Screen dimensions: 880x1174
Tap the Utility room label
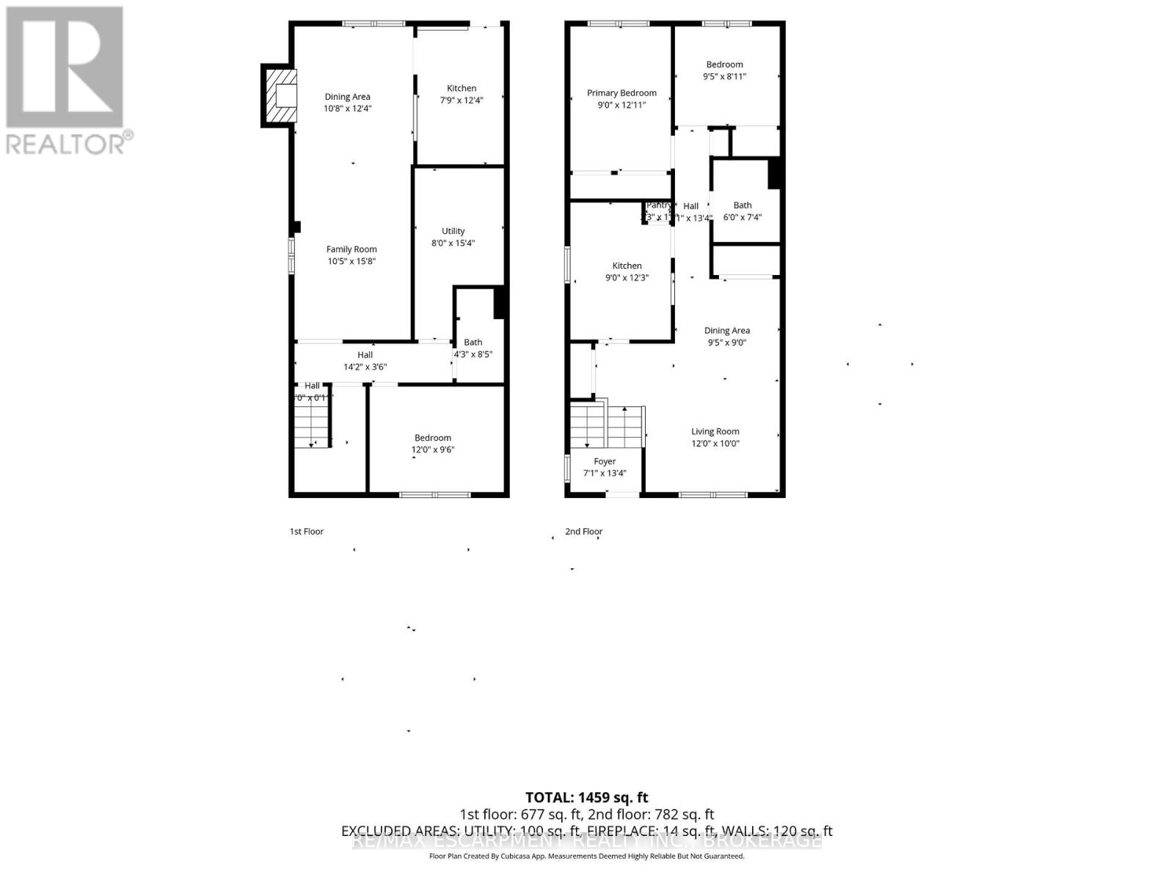453,231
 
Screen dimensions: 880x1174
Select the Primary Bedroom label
621,93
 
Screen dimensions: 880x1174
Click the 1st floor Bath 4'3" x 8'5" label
473,348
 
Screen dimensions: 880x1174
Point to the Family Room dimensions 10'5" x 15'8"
351,261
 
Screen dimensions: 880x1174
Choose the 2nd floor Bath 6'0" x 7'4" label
743,211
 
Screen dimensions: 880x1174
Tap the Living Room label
715,431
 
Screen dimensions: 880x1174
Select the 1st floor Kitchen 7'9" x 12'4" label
462,94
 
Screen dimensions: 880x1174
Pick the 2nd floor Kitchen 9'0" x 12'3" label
627,271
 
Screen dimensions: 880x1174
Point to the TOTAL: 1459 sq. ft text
586,797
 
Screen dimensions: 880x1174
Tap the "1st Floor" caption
306,531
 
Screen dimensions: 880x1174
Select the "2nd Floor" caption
583,531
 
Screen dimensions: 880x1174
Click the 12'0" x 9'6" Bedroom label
433,444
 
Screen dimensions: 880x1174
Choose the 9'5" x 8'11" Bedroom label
724,70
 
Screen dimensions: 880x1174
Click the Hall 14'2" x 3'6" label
365,361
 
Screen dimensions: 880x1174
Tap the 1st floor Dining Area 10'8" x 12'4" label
347,102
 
